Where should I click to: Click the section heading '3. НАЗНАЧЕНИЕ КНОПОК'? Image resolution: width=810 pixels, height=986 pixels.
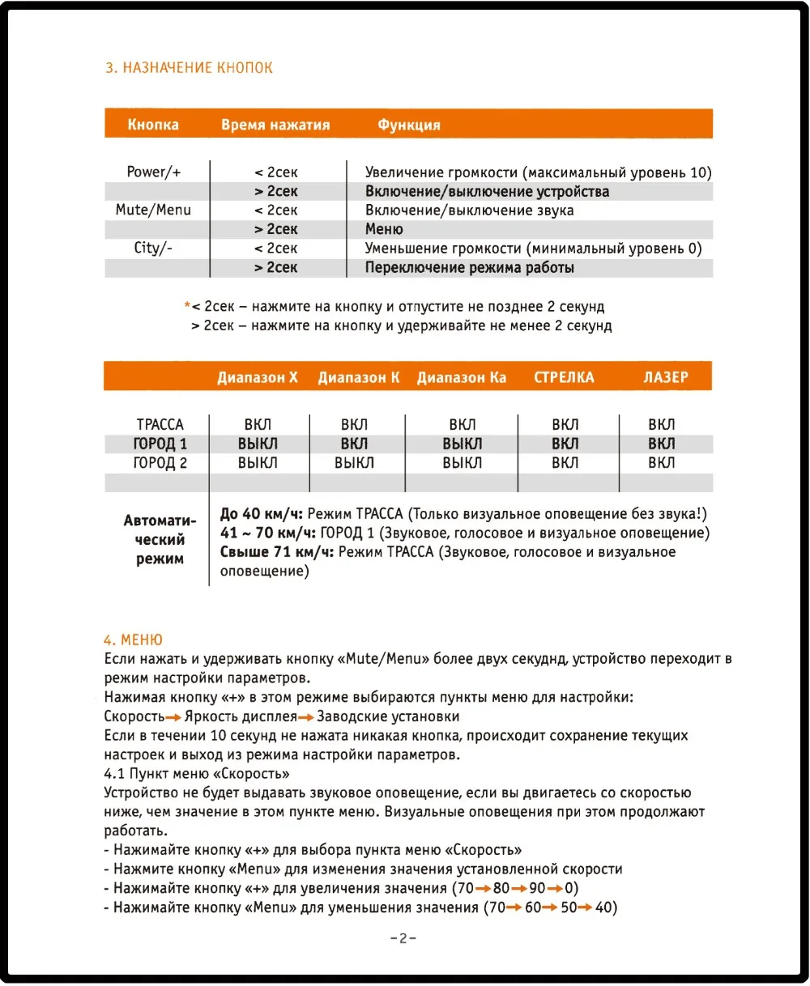189,68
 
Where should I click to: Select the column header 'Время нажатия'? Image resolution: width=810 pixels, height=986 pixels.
275,125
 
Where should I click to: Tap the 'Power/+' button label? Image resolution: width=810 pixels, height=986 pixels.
154,172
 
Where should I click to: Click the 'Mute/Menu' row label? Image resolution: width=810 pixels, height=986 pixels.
153,210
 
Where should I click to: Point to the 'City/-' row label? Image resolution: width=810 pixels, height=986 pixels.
153,248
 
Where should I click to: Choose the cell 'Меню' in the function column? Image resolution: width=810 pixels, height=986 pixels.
384,229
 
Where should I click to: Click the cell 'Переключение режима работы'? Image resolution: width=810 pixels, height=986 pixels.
470,267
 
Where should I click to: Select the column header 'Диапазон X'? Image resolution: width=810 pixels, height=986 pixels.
258,377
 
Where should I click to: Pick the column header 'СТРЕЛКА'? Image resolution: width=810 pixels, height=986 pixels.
564,377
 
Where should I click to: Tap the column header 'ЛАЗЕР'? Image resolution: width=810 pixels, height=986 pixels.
666,377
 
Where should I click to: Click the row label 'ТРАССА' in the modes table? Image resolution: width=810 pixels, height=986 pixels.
160,424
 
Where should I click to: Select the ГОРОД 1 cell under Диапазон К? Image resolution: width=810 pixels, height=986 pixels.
354,444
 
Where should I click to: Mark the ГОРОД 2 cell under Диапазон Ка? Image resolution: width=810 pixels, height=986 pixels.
463,463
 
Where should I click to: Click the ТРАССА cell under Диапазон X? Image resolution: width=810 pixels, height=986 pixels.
258,424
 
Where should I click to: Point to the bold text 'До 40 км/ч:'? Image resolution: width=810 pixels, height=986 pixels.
262,513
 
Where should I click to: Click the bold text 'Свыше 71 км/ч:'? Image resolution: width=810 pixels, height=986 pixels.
277,552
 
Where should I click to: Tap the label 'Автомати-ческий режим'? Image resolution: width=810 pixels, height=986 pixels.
160,539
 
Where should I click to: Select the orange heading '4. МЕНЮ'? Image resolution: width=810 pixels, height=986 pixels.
134,640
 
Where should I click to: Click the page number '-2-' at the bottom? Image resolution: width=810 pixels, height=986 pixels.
403,939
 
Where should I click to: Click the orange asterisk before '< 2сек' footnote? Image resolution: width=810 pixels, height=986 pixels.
187,305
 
